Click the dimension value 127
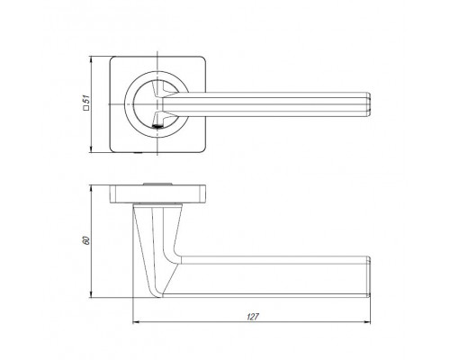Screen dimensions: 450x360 (253, 317)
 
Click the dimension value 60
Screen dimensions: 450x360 (85, 240)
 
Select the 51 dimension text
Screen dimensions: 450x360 (86, 99)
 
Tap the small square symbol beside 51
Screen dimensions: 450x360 (86, 108)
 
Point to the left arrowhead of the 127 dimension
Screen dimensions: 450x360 (136, 322)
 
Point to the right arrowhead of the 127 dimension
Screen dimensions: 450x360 (367, 322)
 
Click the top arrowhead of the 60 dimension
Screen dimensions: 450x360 (91, 189)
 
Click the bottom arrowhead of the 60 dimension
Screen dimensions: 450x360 (91, 294)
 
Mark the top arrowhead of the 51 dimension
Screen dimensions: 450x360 (91, 60)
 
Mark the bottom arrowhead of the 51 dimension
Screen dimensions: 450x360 (91, 149)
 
